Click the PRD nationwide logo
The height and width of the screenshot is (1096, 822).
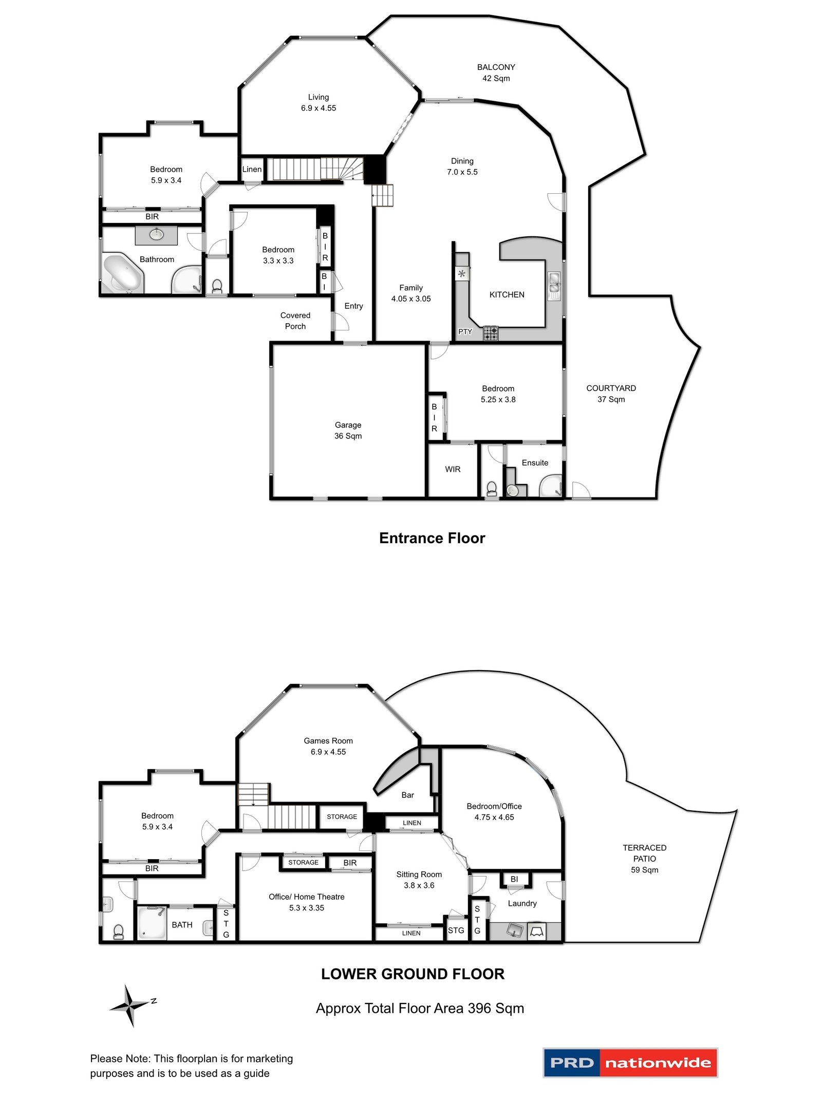[x=630, y=1062]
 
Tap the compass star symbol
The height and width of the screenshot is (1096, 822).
[x=130, y=1005]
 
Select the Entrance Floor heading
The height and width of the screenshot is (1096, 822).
[x=432, y=538]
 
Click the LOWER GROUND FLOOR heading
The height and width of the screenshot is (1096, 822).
[x=413, y=974]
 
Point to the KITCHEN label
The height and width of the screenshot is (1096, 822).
[x=507, y=294]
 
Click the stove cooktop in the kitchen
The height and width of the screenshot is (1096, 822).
[x=491, y=333]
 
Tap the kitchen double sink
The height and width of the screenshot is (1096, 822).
[x=554, y=286]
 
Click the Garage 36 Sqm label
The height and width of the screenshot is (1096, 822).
[x=348, y=431]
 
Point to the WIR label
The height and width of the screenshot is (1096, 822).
[x=453, y=469]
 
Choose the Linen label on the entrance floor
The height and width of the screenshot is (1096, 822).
[x=252, y=169]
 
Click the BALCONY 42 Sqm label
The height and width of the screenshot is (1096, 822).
[x=496, y=72]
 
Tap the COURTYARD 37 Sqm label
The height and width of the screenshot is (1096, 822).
[x=611, y=394]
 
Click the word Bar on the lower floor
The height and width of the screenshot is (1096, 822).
[x=407, y=795]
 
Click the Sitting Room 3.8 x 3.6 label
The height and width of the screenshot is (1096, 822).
[x=419, y=879]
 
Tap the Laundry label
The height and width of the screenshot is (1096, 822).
[x=522, y=903]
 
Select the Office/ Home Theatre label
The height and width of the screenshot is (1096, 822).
[x=306, y=902]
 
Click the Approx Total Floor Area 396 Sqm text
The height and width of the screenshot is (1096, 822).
[x=420, y=1008]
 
